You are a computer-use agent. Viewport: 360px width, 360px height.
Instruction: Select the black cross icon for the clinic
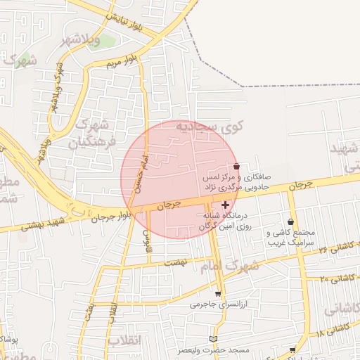tap(225, 205)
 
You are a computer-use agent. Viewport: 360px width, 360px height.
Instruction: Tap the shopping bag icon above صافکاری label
tap(236, 166)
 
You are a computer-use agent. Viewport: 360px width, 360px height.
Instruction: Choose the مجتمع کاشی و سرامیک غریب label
tap(291, 238)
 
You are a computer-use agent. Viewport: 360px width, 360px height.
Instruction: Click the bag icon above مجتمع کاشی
tap(291, 222)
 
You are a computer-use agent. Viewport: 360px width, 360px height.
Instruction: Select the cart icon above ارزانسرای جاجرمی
tap(218, 294)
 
